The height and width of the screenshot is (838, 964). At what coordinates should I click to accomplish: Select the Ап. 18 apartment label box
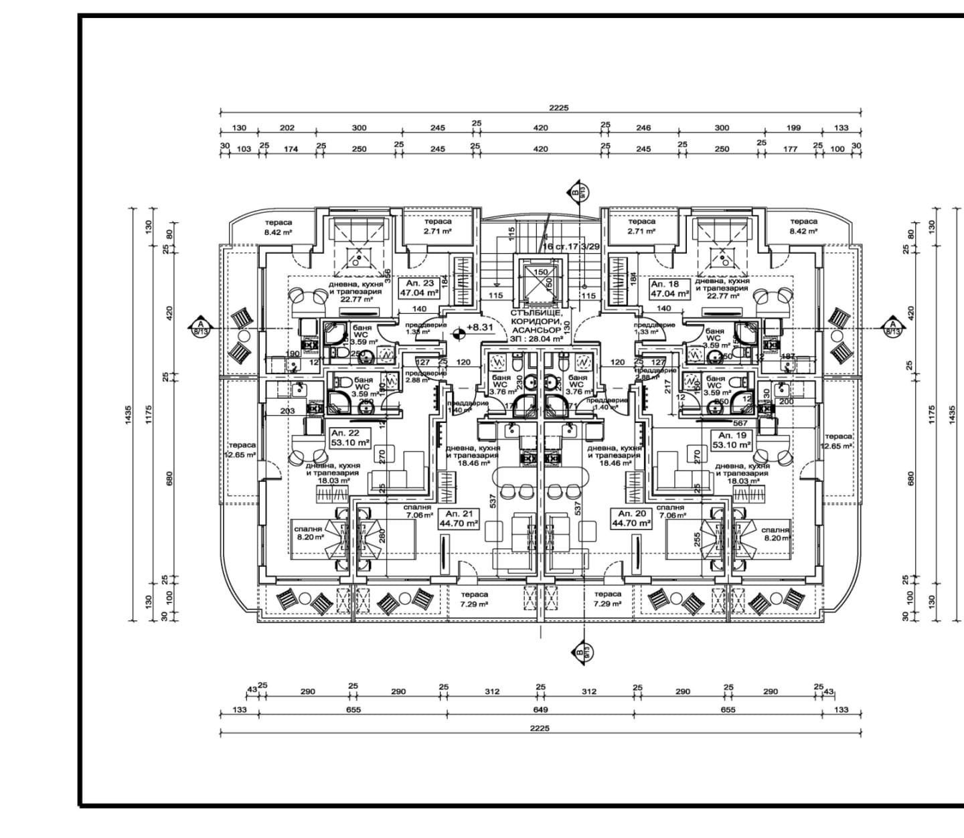click(669, 288)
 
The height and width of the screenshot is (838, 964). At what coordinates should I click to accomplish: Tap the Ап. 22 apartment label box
click(349, 438)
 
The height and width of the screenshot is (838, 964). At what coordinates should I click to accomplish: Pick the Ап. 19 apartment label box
click(730, 440)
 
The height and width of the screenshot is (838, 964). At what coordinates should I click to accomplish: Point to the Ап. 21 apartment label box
click(459, 519)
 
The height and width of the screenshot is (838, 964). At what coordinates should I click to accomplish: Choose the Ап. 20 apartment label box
click(630, 519)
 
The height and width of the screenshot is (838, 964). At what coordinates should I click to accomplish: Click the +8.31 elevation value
click(480, 327)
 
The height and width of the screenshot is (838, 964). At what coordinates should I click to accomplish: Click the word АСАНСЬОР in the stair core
click(536, 330)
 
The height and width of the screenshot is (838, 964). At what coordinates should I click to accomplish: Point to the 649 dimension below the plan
click(540, 709)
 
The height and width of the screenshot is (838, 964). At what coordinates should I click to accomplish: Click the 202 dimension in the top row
click(287, 128)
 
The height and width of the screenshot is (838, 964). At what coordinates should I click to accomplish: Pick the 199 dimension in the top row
click(794, 128)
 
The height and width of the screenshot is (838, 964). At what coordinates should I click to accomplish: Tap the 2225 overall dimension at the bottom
click(539, 728)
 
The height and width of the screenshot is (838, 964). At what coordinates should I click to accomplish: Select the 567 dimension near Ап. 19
click(740, 422)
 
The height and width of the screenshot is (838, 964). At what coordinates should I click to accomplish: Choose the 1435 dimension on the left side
click(128, 415)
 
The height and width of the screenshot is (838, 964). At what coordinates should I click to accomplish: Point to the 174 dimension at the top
click(291, 149)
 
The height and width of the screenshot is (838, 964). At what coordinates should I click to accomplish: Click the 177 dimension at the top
click(791, 149)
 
